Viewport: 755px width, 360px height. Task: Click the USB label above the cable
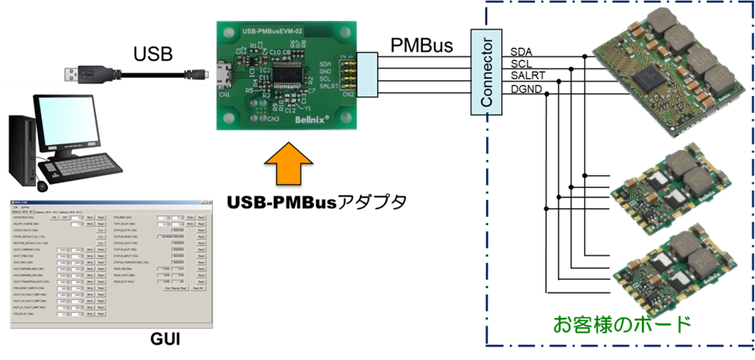[153, 56]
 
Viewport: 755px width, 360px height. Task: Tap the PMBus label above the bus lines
[422, 44]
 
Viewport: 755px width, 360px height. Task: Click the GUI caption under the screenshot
[166, 339]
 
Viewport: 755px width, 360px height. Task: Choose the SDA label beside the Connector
[521, 53]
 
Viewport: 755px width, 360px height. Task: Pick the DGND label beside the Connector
[525, 88]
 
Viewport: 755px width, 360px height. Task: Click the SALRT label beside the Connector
[527, 76]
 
